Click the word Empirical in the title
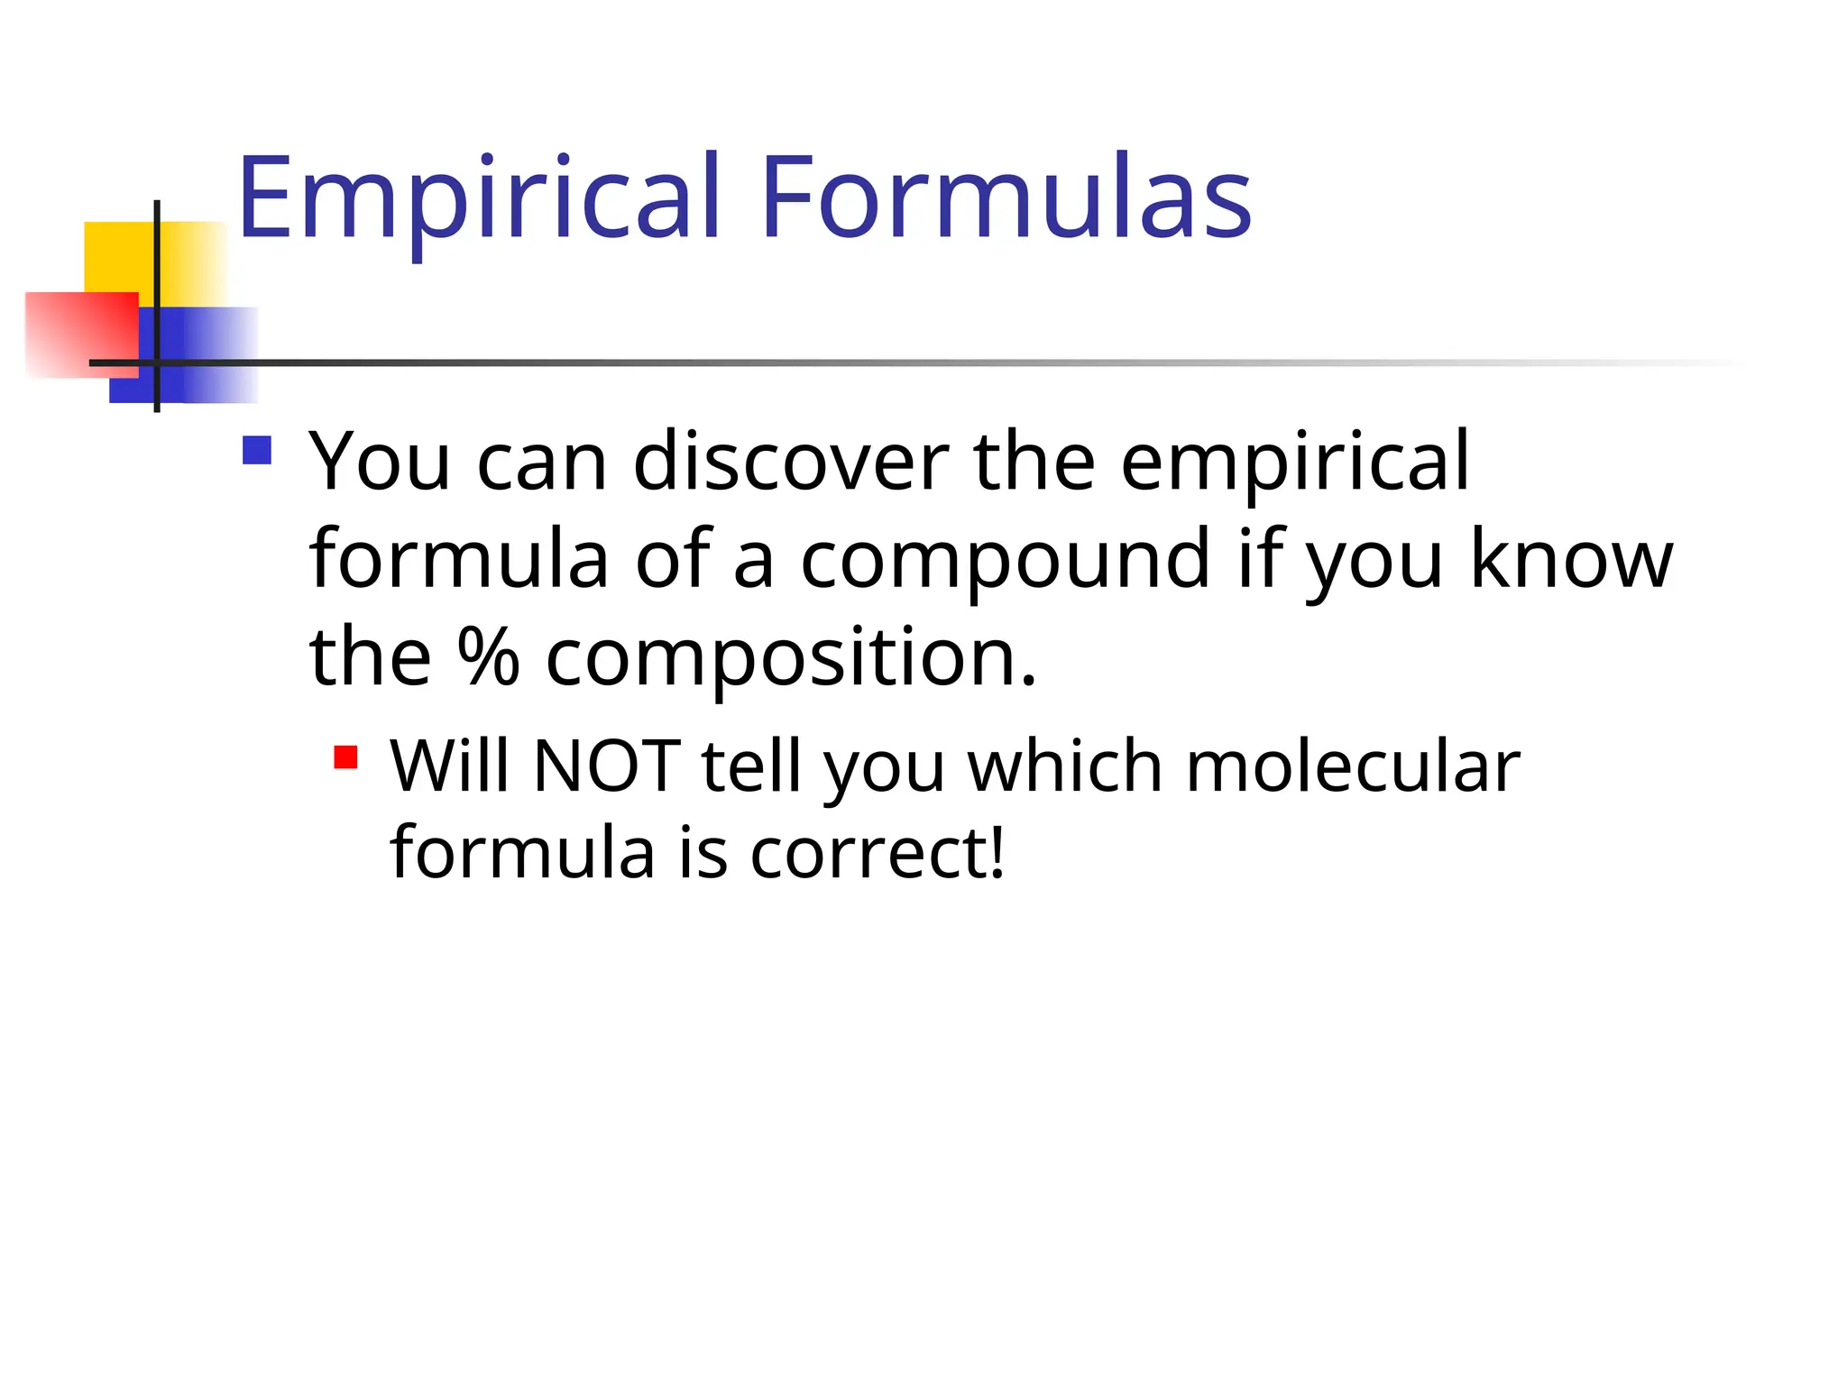click(x=478, y=198)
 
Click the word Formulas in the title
click(x=1006, y=198)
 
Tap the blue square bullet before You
click(x=257, y=450)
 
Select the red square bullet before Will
click(x=345, y=757)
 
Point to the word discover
click(x=791, y=462)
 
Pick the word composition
click(x=791, y=658)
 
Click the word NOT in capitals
click(x=606, y=766)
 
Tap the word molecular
click(x=1352, y=766)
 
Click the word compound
click(x=1005, y=561)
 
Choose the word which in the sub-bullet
click(x=1064, y=766)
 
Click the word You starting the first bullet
click(x=380, y=462)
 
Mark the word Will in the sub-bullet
click(x=448, y=766)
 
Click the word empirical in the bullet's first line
click(x=1295, y=463)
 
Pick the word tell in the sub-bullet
click(x=750, y=766)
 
